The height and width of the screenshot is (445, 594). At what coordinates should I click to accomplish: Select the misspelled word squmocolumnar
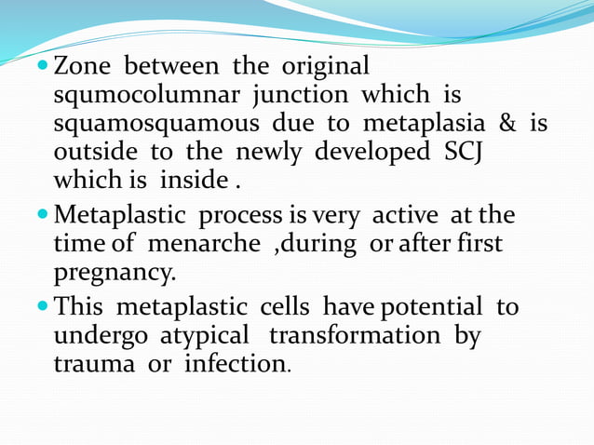(x=145, y=96)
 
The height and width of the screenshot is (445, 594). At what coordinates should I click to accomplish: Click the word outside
(x=93, y=151)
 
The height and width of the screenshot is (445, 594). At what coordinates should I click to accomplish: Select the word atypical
(x=202, y=334)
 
